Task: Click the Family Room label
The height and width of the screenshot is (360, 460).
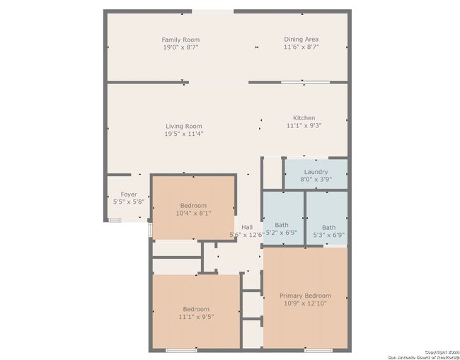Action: [180, 40]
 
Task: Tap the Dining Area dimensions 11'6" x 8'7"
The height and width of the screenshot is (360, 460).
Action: [301, 47]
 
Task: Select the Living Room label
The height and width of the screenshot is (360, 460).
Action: [184, 126]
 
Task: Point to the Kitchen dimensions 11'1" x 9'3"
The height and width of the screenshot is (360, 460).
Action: [304, 125]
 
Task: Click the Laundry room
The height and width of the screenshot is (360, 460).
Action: [316, 175]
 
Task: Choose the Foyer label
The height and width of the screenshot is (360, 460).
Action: [129, 194]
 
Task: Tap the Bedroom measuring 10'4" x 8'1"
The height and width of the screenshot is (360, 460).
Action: [194, 207]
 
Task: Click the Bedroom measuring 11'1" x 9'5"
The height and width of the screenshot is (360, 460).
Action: [196, 311]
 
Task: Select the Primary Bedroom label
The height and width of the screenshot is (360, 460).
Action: [306, 296]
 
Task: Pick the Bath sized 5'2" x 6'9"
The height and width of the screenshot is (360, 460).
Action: [283, 218]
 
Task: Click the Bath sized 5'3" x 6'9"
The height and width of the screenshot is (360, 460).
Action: [327, 218]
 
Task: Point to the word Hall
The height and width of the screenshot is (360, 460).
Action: [247, 227]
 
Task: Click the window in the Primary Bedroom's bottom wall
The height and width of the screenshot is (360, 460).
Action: [318, 350]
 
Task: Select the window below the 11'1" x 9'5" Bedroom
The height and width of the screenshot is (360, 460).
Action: [181, 350]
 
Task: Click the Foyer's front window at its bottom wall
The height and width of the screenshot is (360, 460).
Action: [115, 220]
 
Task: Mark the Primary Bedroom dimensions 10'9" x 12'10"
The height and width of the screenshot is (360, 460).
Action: [306, 303]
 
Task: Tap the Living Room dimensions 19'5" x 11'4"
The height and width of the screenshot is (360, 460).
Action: [184, 134]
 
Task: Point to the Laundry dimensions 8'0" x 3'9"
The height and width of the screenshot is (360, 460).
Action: [316, 179]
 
